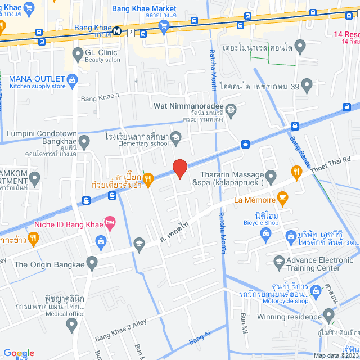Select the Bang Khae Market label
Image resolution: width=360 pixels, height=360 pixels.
click(x=144, y=9)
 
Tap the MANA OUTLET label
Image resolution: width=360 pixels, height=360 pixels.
click(x=38, y=78)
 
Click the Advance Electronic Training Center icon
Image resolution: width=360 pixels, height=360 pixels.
click(x=279, y=261)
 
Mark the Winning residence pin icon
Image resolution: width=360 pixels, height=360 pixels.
click(x=329, y=315)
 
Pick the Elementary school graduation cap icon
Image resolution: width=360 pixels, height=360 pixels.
click(x=175, y=137)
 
